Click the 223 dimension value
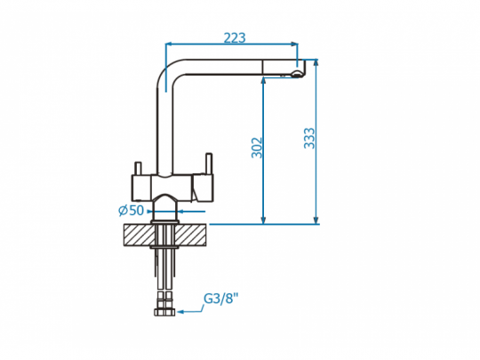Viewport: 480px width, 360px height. click(x=235, y=38)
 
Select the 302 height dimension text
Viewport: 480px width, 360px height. click(x=257, y=148)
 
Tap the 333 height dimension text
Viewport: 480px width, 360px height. click(x=309, y=139)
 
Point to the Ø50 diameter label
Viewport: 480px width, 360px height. click(x=131, y=211)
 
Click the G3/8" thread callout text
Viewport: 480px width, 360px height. click(x=220, y=299)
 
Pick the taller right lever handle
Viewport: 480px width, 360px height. click(x=209, y=164)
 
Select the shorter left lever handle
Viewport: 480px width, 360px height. click(x=138, y=168)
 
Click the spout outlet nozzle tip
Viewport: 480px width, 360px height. click(x=296, y=74)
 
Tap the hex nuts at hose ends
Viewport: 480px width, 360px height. click(x=164, y=312)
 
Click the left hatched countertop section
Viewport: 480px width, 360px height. click(x=139, y=235)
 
